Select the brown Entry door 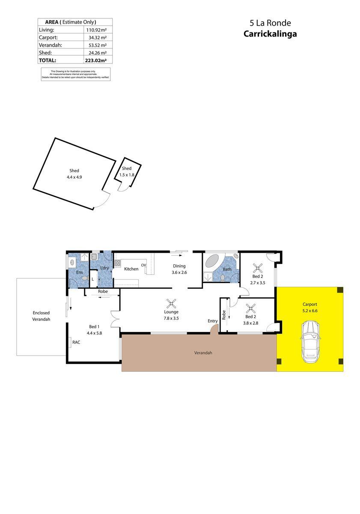coord(214,328)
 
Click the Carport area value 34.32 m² coord(98,38)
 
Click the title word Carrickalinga coord(270,34)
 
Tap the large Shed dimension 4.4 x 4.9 coord(74,176)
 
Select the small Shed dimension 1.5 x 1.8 coord(127,175)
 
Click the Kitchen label coord(131,269)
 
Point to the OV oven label coord(144,266)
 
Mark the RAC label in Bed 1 coord(76,342)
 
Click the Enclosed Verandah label coord(41,316)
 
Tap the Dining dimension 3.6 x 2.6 coord(179,272)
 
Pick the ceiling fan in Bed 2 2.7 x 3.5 coord(258,268)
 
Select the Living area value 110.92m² coord(96,30)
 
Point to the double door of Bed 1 coord(114,318)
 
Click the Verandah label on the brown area coord(203,353)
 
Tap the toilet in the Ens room coord(84,278)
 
